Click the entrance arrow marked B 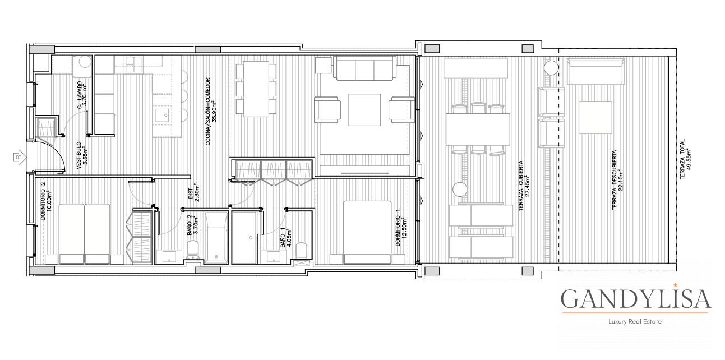coord(20,158)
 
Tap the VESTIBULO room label coord(81,155)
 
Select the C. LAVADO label coord(81,95)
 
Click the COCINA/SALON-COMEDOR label coord(210,111)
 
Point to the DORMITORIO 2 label coord(46,201)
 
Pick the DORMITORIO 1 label coord(401,227)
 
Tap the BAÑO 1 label coord(286,237)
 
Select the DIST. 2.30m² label coord(193,193)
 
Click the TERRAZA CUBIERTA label coord(524,186)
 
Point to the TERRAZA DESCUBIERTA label coord(617,180)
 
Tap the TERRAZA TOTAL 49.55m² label coord(685,159)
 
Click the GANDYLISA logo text coord(635,298)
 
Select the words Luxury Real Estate coord(635,321)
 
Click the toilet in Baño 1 coord(302,251)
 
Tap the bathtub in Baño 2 coord(216,238)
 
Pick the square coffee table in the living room coord(364,110)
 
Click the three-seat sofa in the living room coord(364,68)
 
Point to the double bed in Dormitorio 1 coord(367,233)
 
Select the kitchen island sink coord(162,116)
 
